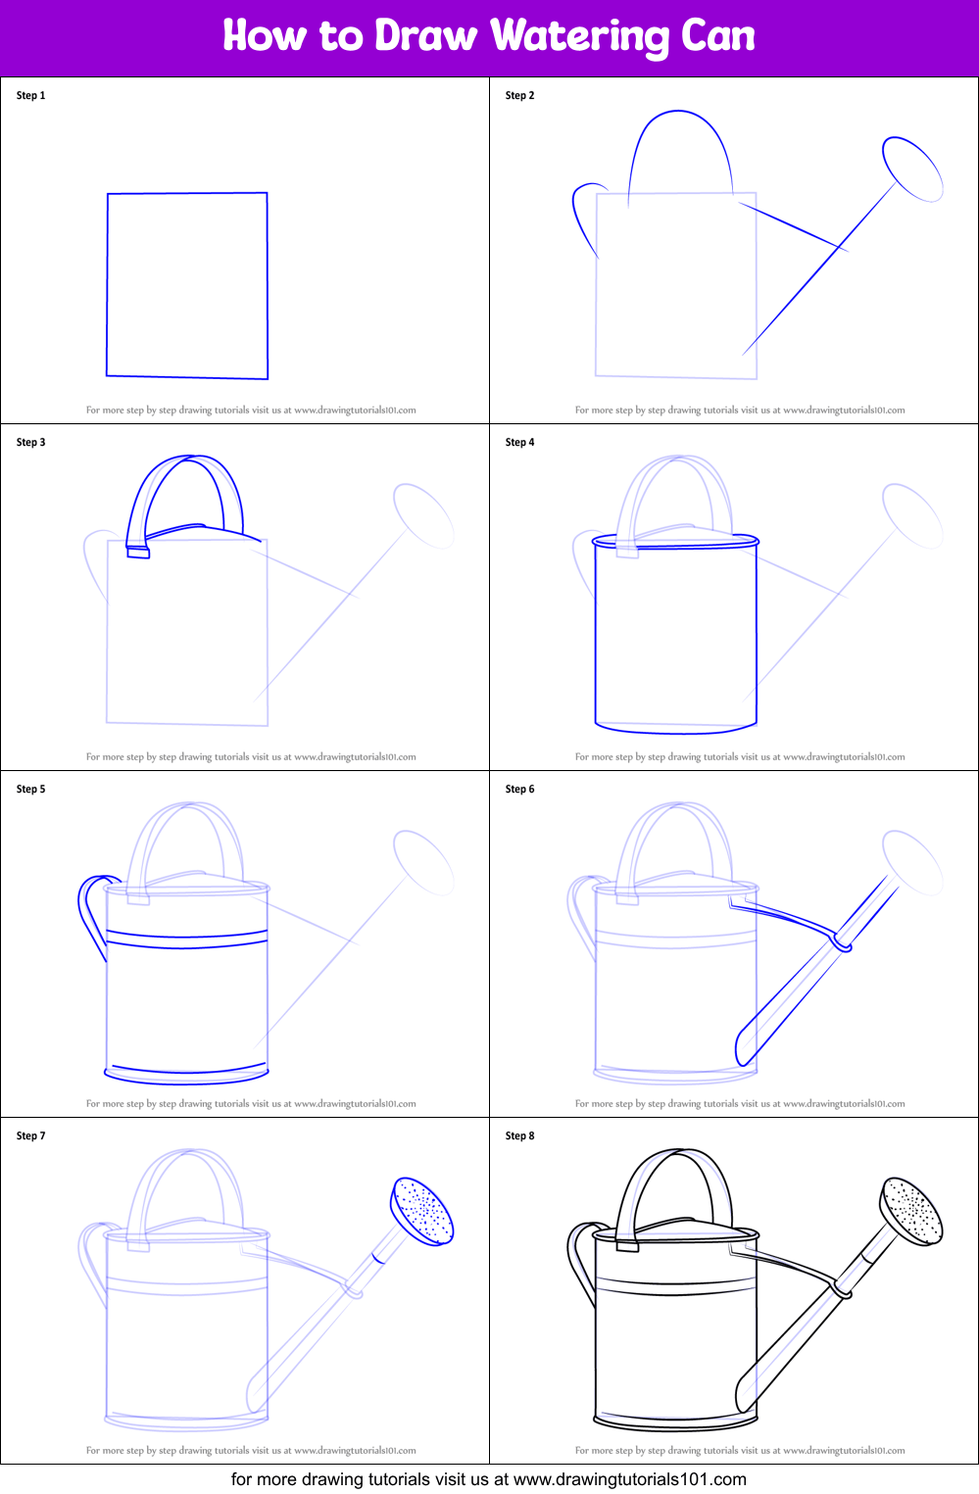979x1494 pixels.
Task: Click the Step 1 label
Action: click(30, 95)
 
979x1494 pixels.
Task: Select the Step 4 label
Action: click(519, 442)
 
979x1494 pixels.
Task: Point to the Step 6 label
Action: click(519, 789)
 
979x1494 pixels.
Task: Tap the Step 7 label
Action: click(30, 1135)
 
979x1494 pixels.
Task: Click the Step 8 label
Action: click(519, 1135)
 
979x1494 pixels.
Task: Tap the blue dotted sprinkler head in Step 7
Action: click(421, 1211)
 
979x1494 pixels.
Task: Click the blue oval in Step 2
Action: click(912, 169)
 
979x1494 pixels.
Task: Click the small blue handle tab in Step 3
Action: click(138, 553)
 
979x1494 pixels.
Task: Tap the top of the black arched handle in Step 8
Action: click(678, 1150)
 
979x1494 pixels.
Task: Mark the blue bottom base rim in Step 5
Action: click(187, 1075)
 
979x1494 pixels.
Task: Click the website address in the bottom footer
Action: click(629, 1479)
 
